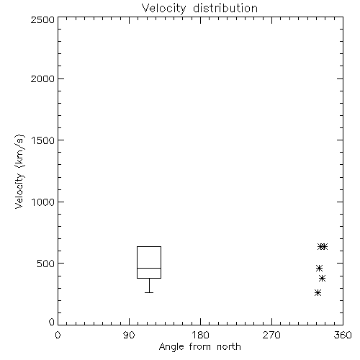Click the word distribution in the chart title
click(x=225, y=8)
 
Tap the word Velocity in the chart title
click(x=163, y=9)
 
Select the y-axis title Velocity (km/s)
click(x=19, y=171)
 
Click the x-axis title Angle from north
click(x=199, y=347)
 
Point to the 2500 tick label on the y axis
click(x=42, y=19)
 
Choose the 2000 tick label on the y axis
click(x=42, y=78)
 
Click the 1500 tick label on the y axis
click(x=43, y=140)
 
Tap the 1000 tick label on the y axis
click(x=43, y=202)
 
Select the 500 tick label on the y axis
click(x=46, y=264)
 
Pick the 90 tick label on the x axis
click(x=129, y=335)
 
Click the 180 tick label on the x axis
click(x=200, y=335)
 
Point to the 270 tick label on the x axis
click(x=271, y=335)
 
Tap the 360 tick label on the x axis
click(x=343, y=335)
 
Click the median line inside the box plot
click(x=149, y=268)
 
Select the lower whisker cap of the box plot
click(x=149, y=292)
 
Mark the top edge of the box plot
click(x=149, y=246)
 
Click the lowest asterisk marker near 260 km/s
click(x=318, y=293)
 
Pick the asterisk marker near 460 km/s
click(x=319, y=268)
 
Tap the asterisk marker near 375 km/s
click(x=323, y=279)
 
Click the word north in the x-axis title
click(x=229, y=347)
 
